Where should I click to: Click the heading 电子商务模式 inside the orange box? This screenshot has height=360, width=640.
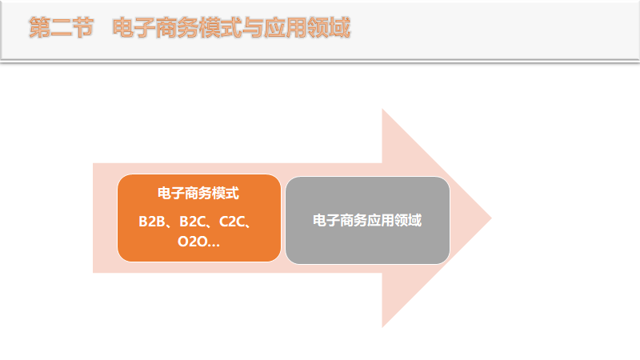coord(198,194)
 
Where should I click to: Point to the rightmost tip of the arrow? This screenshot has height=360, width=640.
coord(490,218)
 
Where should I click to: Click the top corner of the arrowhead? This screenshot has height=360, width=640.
coord(382,110)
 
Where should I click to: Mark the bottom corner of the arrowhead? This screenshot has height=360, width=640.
coord(382,327)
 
